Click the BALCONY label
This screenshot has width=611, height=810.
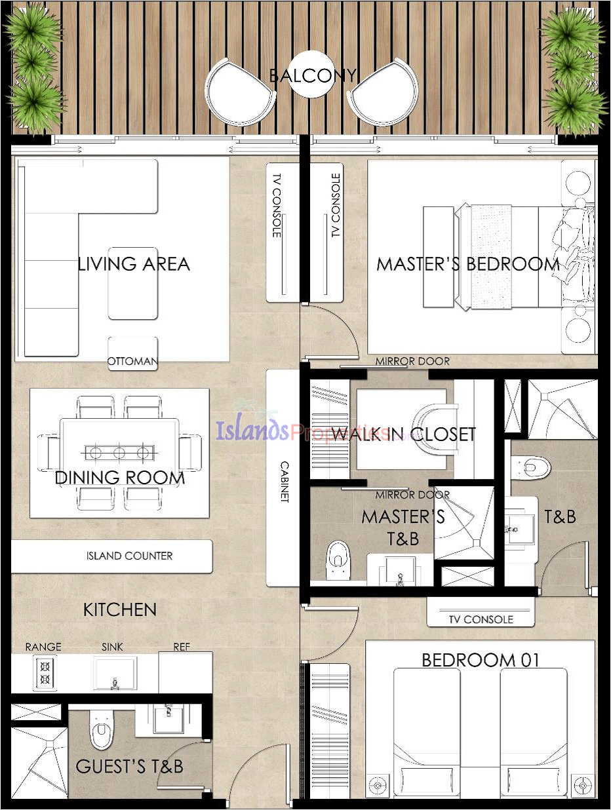click(x=312, y=76)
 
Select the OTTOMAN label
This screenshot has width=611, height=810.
click(x=133, y=361)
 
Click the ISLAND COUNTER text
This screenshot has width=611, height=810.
click(x=129, y=556)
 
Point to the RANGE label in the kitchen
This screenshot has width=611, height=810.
click(x=43, y=647)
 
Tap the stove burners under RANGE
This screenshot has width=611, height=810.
click(x=45, y=672)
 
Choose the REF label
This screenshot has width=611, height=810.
click(x=182, y=647)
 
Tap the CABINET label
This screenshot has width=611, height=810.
click(x=285, y=482)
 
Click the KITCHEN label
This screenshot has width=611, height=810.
click(x=119, y=609)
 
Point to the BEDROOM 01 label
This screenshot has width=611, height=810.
click(x=480, y=660)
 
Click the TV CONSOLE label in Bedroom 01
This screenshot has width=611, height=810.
click(x=481, y=619)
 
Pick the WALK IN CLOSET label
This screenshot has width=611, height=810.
click(x=404, y=434)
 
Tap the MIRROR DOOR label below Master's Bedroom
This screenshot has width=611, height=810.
click(x=412, y=361)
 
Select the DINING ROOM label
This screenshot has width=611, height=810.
click(x=119, y=478)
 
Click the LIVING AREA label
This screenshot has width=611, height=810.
click(x=134, y=264)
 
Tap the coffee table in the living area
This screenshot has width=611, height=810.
click(x=133, y=283)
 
